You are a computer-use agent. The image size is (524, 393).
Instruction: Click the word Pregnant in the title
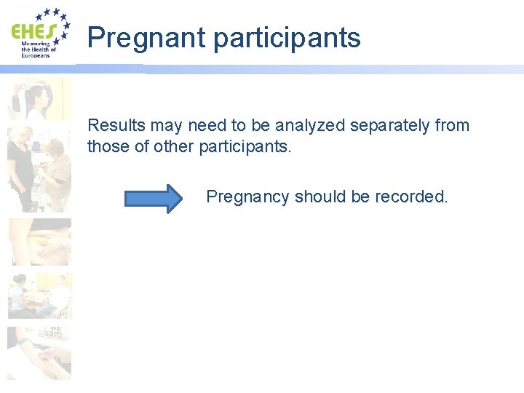point(146,38)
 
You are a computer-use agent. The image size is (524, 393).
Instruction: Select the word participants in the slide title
point(287,38)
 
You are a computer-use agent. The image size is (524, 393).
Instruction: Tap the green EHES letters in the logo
point(33,31)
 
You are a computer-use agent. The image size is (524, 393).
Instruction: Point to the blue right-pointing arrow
point(154,198)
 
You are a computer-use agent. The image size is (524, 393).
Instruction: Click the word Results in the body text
point(116,125)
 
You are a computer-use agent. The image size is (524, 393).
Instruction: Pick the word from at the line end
point(453,125)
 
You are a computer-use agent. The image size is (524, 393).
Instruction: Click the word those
point(106,146)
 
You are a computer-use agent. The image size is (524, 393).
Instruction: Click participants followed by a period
point(244,146)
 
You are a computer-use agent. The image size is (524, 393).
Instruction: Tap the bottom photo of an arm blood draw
point(40,352)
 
